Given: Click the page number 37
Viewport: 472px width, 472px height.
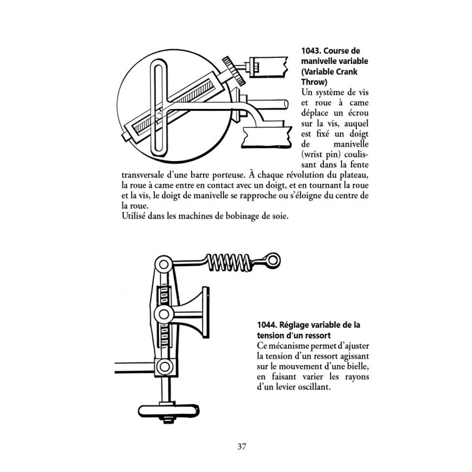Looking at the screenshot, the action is (x=242, y=447).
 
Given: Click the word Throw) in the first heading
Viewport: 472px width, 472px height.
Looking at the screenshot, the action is (x=314, y=82).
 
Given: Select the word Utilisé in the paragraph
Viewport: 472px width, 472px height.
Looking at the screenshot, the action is (x=134, y=216).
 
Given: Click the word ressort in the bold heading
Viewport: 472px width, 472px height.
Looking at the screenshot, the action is (x=317, y=336).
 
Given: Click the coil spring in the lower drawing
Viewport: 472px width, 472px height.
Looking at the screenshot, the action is (x=229, y=262).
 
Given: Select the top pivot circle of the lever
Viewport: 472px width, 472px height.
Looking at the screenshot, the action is (x=164, y=265).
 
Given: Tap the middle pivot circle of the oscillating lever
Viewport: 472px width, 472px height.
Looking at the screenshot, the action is (x=164, y=314).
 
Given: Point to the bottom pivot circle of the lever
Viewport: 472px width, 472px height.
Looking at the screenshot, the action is (x=164, y=366).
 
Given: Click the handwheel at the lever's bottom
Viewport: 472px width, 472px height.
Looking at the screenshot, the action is (x=169, y=411).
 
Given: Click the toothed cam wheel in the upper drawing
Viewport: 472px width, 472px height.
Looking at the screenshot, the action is (x=234, y=70).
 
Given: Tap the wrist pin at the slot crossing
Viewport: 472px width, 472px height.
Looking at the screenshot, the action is (x=158, y=115).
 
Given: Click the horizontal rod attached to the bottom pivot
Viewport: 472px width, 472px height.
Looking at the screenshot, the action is (x=135, y=368).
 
